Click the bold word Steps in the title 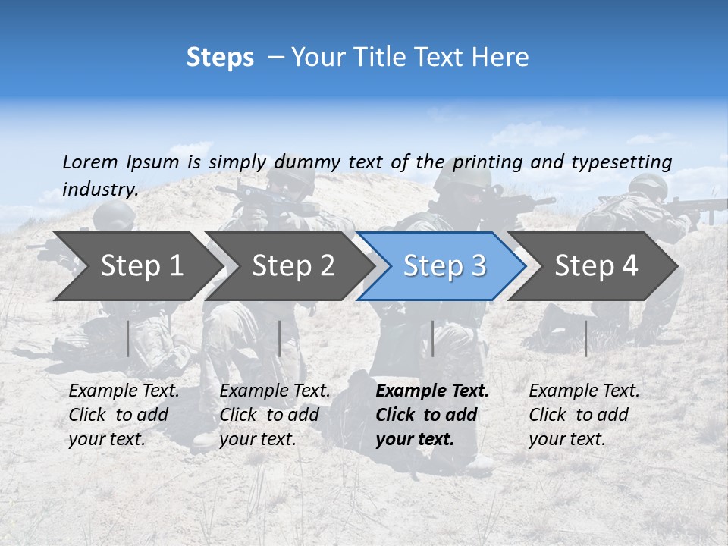[x=220, y=58]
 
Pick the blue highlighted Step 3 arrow [x=444, y=266]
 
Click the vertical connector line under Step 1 [x=128, y=338]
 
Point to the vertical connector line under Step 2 [x=280, y=338]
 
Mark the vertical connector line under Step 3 [x=432, y=338]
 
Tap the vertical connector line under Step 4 [x=585, y=338]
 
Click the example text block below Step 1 [x=124, y=415]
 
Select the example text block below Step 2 [x=275, y=415]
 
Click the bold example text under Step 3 [x=432, y=415]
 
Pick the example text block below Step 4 [x=584, y=415]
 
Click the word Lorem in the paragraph [x=90, y=162]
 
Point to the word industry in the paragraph [x=100, y=190]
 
